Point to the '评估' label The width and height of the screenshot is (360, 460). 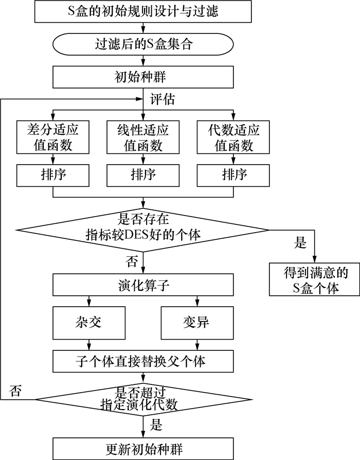163,99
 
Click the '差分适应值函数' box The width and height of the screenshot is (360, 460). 53,137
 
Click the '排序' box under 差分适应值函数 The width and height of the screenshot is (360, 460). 53,175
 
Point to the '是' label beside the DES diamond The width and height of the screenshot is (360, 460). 300,243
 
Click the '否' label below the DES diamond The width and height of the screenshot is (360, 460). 132,261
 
